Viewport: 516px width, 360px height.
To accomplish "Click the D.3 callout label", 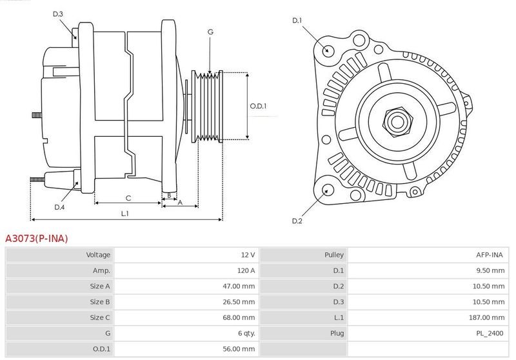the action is coord(57,14).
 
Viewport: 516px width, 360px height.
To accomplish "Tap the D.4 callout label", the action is coord(59,207).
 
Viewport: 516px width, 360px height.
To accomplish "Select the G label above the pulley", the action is coord(210,32).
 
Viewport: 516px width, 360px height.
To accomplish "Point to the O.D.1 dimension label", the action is coord(258,106).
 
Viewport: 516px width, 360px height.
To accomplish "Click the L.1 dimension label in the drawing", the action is coord(124,214).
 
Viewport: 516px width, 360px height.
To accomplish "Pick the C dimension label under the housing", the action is coord(128,198).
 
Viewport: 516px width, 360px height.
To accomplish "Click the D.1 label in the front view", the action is coord(297,21).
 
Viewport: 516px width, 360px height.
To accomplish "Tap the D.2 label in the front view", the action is coord(297,221).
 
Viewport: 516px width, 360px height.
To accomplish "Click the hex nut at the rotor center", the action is coord(397,121).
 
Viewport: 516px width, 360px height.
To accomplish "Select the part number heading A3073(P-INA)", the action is coord(37,239).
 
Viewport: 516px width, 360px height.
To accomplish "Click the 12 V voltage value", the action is coord(248,255).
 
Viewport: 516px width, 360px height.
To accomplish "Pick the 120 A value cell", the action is coord(246,270).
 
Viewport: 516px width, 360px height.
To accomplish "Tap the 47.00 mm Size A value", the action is coord(239,286).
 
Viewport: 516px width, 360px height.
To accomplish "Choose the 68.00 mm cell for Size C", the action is coord(239,317).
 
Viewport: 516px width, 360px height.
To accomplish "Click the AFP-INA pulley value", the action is coord(490,255).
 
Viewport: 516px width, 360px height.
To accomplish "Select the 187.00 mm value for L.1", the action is coord(487,317).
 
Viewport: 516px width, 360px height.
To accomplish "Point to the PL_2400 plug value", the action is coord(490,334).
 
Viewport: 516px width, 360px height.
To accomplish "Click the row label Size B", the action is coord(100,302).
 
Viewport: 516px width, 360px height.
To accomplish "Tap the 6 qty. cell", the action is coord(246,334).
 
